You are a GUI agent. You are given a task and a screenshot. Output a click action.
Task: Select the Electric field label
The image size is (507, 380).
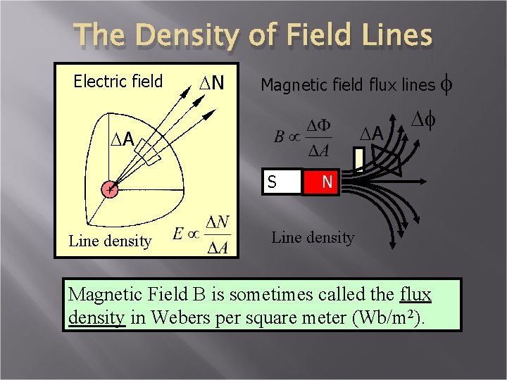[x=118, y=82]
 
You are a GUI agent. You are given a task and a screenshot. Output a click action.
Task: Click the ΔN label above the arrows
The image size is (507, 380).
[x=208, y=83]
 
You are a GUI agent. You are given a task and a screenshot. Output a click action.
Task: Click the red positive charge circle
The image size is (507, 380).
[x=108, y=189]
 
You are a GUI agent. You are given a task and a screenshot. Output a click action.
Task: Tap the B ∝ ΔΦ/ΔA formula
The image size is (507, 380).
[x=305, y=137]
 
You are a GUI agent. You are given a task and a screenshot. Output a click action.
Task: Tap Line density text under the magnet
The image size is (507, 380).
[x=312, y=237]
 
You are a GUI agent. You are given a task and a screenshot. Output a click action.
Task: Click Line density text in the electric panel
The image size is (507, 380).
[x=109, y=241]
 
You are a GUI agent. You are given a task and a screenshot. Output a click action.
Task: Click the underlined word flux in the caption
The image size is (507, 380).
[x=414, y=293]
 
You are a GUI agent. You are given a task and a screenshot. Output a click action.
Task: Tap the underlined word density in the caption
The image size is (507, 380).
[x=97, y=317]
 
